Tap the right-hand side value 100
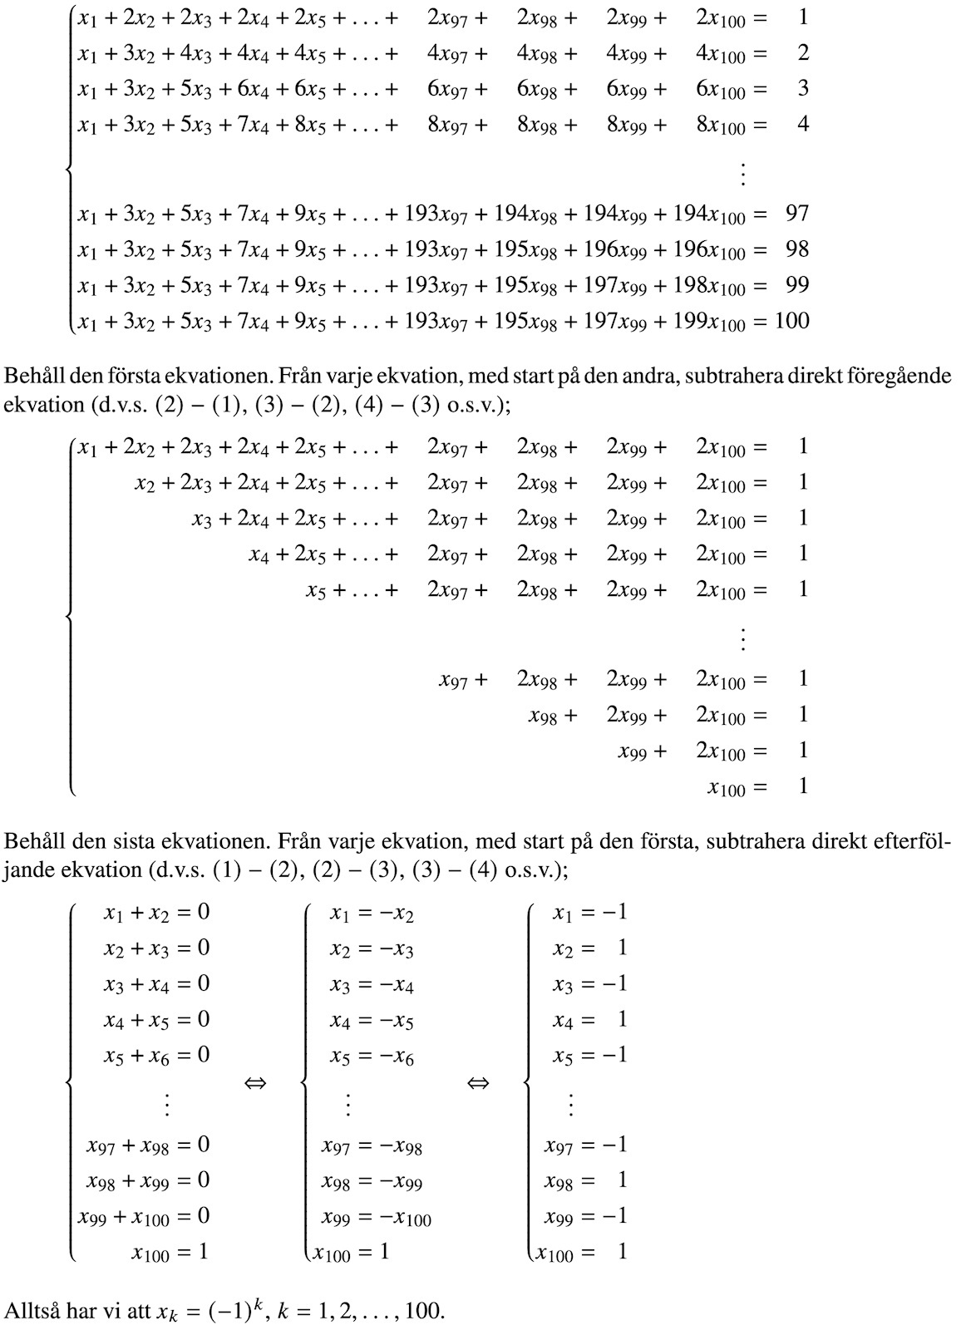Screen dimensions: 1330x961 click(791, 321)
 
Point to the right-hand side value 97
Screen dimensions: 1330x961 click(796, 214)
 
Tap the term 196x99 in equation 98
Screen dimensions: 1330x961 click(616, 250)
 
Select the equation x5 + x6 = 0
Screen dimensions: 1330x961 click(156, 1057)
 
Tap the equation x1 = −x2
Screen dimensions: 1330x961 click(371, 914)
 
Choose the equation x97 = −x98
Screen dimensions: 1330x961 click(372, 1147)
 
